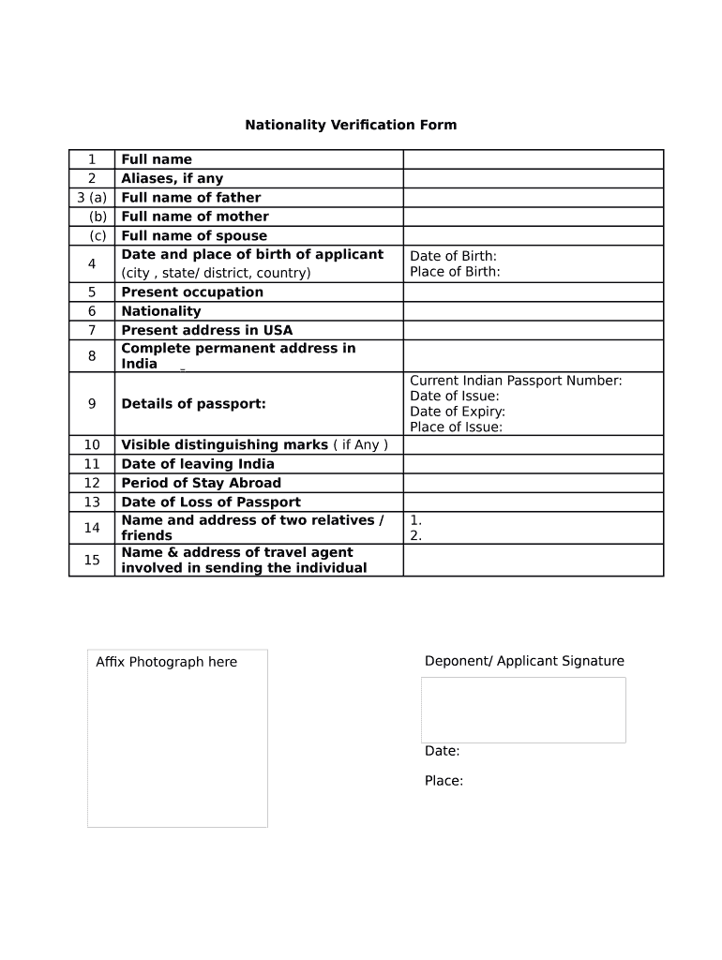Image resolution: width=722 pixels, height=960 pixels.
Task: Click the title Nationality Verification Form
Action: tap(351, 125)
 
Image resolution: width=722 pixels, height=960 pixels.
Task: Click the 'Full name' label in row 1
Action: tap(157, 159)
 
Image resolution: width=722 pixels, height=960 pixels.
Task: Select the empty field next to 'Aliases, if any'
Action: tap(533, 179)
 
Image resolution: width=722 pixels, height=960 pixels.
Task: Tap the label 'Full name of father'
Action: tap(191, 198)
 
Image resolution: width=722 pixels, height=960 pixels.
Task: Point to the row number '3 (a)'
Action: tap(92, 198)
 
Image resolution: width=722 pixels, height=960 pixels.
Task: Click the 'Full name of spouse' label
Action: tap(194, 236)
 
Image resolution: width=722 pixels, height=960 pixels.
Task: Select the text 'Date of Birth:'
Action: tap(454, 256)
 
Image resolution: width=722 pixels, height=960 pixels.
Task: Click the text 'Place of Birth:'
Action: tap(455, 272)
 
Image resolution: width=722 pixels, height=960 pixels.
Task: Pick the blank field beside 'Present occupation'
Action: tap(533, 292)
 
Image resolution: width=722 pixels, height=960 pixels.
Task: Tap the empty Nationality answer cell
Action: tap(533, 311)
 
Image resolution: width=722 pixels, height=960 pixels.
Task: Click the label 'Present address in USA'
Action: tap(207, 330)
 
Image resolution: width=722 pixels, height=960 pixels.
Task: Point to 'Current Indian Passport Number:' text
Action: tap(516, 381)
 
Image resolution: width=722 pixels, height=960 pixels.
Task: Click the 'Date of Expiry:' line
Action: tap(458, 412)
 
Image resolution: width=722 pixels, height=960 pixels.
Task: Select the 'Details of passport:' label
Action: tap(194, 404)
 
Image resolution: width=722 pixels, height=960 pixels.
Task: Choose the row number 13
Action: tap(92, 502)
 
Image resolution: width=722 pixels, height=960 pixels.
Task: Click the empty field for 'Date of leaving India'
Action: tap(533, 464)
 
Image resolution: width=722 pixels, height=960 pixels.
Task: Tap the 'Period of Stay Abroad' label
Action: tap(202, 483)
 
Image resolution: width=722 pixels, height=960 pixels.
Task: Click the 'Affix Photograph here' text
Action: tap(167, 662)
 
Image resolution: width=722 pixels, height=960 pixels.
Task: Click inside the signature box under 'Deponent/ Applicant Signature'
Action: tap(523, 710)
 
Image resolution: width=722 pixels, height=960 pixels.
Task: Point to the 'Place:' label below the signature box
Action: tap(444, 781)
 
